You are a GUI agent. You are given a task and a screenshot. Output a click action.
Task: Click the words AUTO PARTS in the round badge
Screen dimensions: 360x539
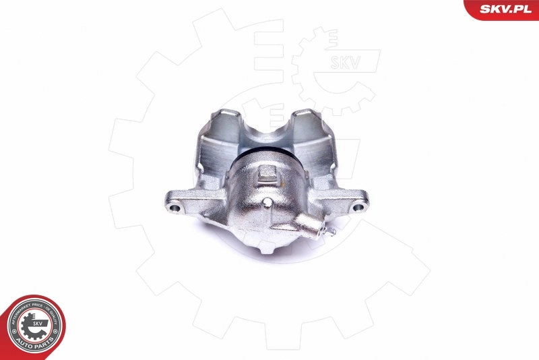pyautogui.click(x=34, y=343)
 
